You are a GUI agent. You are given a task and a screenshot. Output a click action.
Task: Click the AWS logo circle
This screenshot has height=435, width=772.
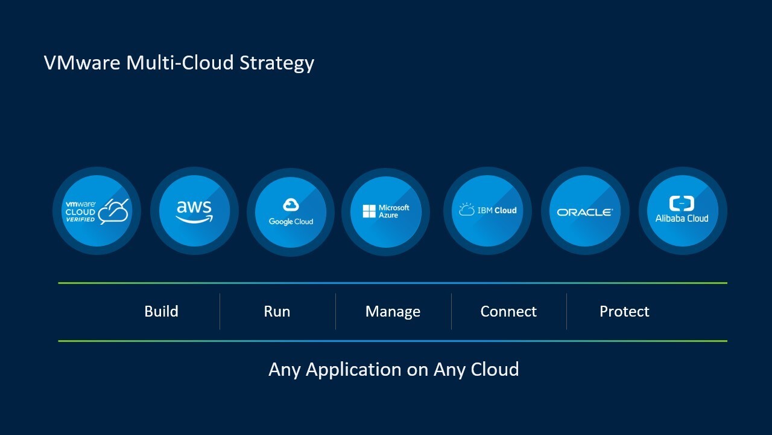(194, 211)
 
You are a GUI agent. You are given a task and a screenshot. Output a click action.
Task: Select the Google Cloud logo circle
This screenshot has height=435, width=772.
(291, 211)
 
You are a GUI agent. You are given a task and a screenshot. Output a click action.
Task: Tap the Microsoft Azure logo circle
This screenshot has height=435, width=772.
(386, 211)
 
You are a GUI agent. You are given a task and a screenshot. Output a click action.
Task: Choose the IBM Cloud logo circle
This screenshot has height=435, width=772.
(487, 211)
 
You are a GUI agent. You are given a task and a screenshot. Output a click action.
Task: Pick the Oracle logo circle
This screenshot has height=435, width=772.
(585, 211)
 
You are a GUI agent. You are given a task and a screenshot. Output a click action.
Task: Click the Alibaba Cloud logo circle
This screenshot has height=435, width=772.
(682, 211)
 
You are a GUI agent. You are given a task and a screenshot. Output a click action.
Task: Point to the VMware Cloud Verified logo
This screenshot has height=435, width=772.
(96, 211)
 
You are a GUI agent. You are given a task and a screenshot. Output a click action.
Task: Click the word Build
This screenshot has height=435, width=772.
(161, 312)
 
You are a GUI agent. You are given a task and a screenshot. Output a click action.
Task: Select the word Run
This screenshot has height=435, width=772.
(277, 312)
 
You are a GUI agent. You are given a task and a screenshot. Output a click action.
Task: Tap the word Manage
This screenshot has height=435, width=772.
(393, 312)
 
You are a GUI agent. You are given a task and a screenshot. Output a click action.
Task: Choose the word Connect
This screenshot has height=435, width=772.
(508, 312)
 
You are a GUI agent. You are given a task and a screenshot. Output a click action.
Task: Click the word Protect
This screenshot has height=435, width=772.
(624, 312)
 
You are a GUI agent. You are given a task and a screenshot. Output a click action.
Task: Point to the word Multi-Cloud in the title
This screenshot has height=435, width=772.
(180, 63)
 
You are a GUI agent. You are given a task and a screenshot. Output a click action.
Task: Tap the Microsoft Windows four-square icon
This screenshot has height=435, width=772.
(369, 211)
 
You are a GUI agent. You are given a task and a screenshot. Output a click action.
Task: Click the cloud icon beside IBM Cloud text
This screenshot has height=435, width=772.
(467, 210)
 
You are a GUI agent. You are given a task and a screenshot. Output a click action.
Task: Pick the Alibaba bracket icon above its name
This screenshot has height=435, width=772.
(682, 203)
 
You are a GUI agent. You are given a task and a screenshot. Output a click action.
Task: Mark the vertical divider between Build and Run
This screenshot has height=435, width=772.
(220, 312)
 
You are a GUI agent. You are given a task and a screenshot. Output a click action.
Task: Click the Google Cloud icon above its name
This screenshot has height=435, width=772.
(291, 205)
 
